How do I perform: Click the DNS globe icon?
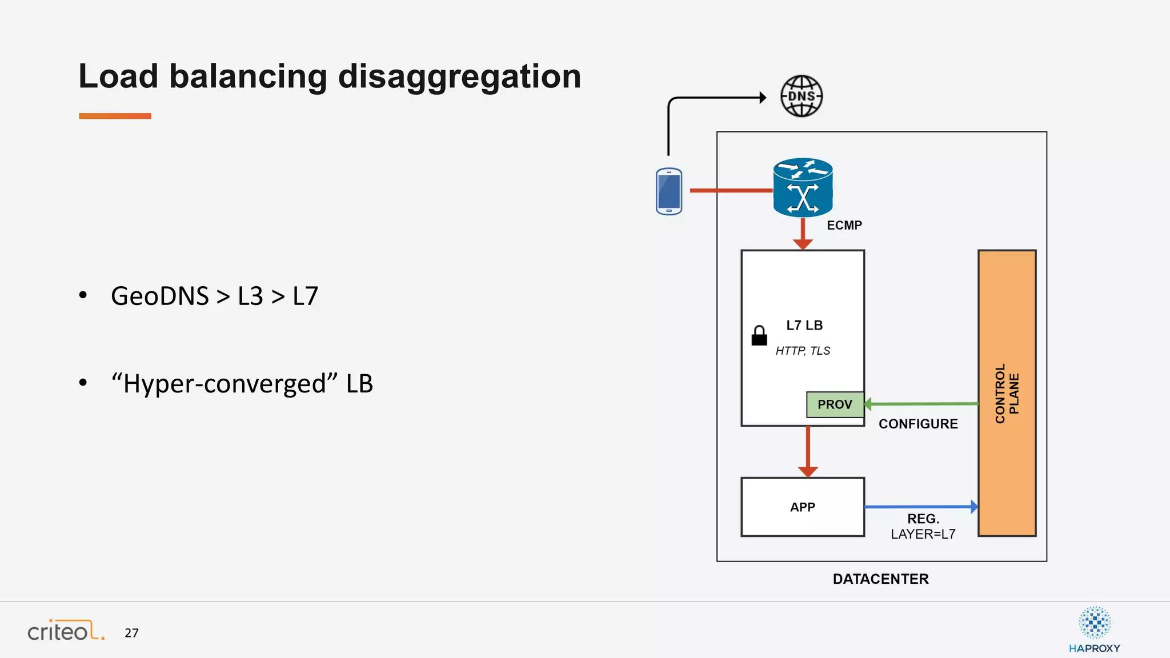point(802,96)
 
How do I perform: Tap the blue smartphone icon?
point(669,191)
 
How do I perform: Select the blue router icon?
point(803,188)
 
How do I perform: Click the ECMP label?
point(844,225)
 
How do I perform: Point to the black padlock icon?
point(759,336)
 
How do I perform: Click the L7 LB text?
point(804,326)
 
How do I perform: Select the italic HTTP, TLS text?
point(803,351)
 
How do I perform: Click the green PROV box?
point(835,404)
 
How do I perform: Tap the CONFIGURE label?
point(918,424)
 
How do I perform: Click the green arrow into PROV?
point(921,404)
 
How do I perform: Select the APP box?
point(802,507)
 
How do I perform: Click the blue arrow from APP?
point(920,507)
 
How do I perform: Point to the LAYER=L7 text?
point(923,534)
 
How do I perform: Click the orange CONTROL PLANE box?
point(1007,393)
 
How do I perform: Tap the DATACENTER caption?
point(880,579)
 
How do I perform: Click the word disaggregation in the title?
point(459,77)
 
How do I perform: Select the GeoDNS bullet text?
point(214,296)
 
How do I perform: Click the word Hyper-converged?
point(225,383)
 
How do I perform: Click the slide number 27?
point(131,633)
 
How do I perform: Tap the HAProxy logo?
point(1094,630)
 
